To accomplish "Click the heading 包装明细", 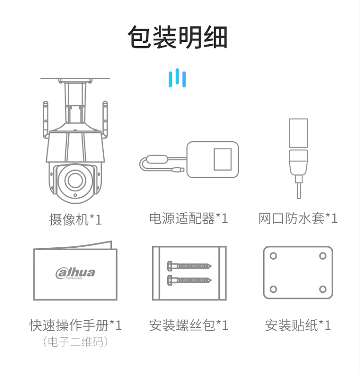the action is coord(178,37).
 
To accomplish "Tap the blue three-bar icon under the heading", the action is coord(177,78).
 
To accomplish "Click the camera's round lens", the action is coord(75,180).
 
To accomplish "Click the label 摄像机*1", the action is coord(76,219).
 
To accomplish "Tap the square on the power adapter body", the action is coord(223,159).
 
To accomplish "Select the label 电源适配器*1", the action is coord(189,218).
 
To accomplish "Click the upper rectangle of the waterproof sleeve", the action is coord(298,133).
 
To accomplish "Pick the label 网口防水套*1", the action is coord(298,218).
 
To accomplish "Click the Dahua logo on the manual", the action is coord(75,273).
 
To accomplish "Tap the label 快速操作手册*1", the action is coord(75,325).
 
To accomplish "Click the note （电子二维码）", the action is coord(75,342).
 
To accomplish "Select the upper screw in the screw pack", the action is coord(189,266).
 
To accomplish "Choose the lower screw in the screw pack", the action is coord(189,280).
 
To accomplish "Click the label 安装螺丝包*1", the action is coord(189,325).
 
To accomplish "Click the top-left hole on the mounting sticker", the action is coord(273,256).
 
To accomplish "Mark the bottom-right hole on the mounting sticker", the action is coord(323,289).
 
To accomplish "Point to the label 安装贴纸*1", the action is coord(298,325).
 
